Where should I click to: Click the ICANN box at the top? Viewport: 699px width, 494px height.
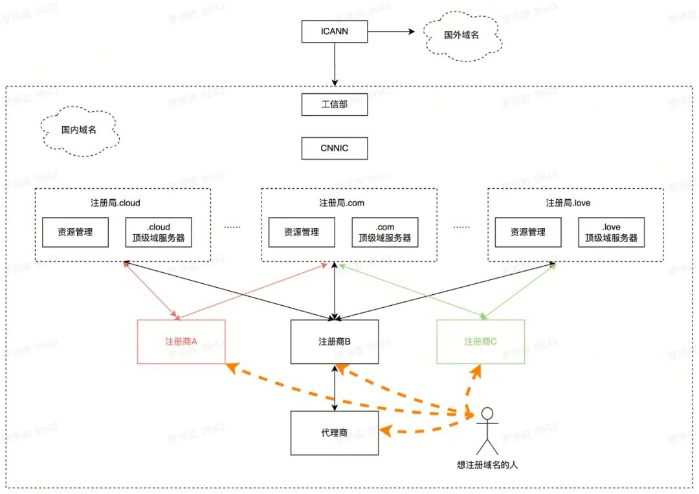click(335, 31)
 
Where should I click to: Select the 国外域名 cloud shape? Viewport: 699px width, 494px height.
click(461, 36)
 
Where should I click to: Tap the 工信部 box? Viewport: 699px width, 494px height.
click(335, 104)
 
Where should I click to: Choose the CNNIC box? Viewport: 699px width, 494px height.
click(335, 148)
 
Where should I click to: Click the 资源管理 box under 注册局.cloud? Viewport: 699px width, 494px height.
click(75, 232)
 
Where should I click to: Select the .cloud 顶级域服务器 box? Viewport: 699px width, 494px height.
click(159, 232)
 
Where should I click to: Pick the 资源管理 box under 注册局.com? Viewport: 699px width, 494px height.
click(302, 232)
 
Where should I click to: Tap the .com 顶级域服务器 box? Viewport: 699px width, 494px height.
click(385, 232)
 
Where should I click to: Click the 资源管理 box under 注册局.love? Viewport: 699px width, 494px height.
click(528, 232)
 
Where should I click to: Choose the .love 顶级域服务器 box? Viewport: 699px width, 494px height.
click(611, 232)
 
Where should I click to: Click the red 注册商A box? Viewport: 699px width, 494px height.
click(182, 341)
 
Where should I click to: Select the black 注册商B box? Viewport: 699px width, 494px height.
click(335, 341)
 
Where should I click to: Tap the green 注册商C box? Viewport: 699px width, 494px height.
click(480, 341)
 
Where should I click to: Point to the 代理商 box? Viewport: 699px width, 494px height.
click(335, 433)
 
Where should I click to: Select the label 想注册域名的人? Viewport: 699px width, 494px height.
click(487, 464)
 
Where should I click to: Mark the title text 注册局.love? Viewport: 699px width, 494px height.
click(568, 203)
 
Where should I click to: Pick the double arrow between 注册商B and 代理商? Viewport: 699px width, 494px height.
click(335, 387)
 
